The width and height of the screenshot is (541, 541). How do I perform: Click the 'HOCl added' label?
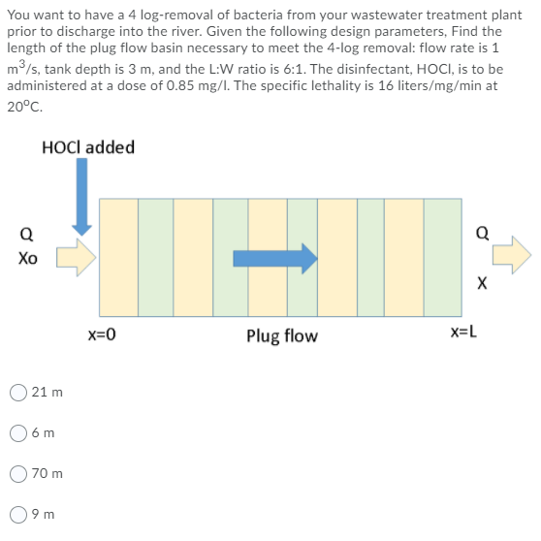[x=88, y=147]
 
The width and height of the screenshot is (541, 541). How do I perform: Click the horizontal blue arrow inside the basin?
[x=275, y=258]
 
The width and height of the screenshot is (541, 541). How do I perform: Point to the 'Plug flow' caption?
[x=281, y=335]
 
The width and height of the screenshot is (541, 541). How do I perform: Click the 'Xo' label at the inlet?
[x=25, y=260]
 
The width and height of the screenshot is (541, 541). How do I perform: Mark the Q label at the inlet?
[x=25, y=233]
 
